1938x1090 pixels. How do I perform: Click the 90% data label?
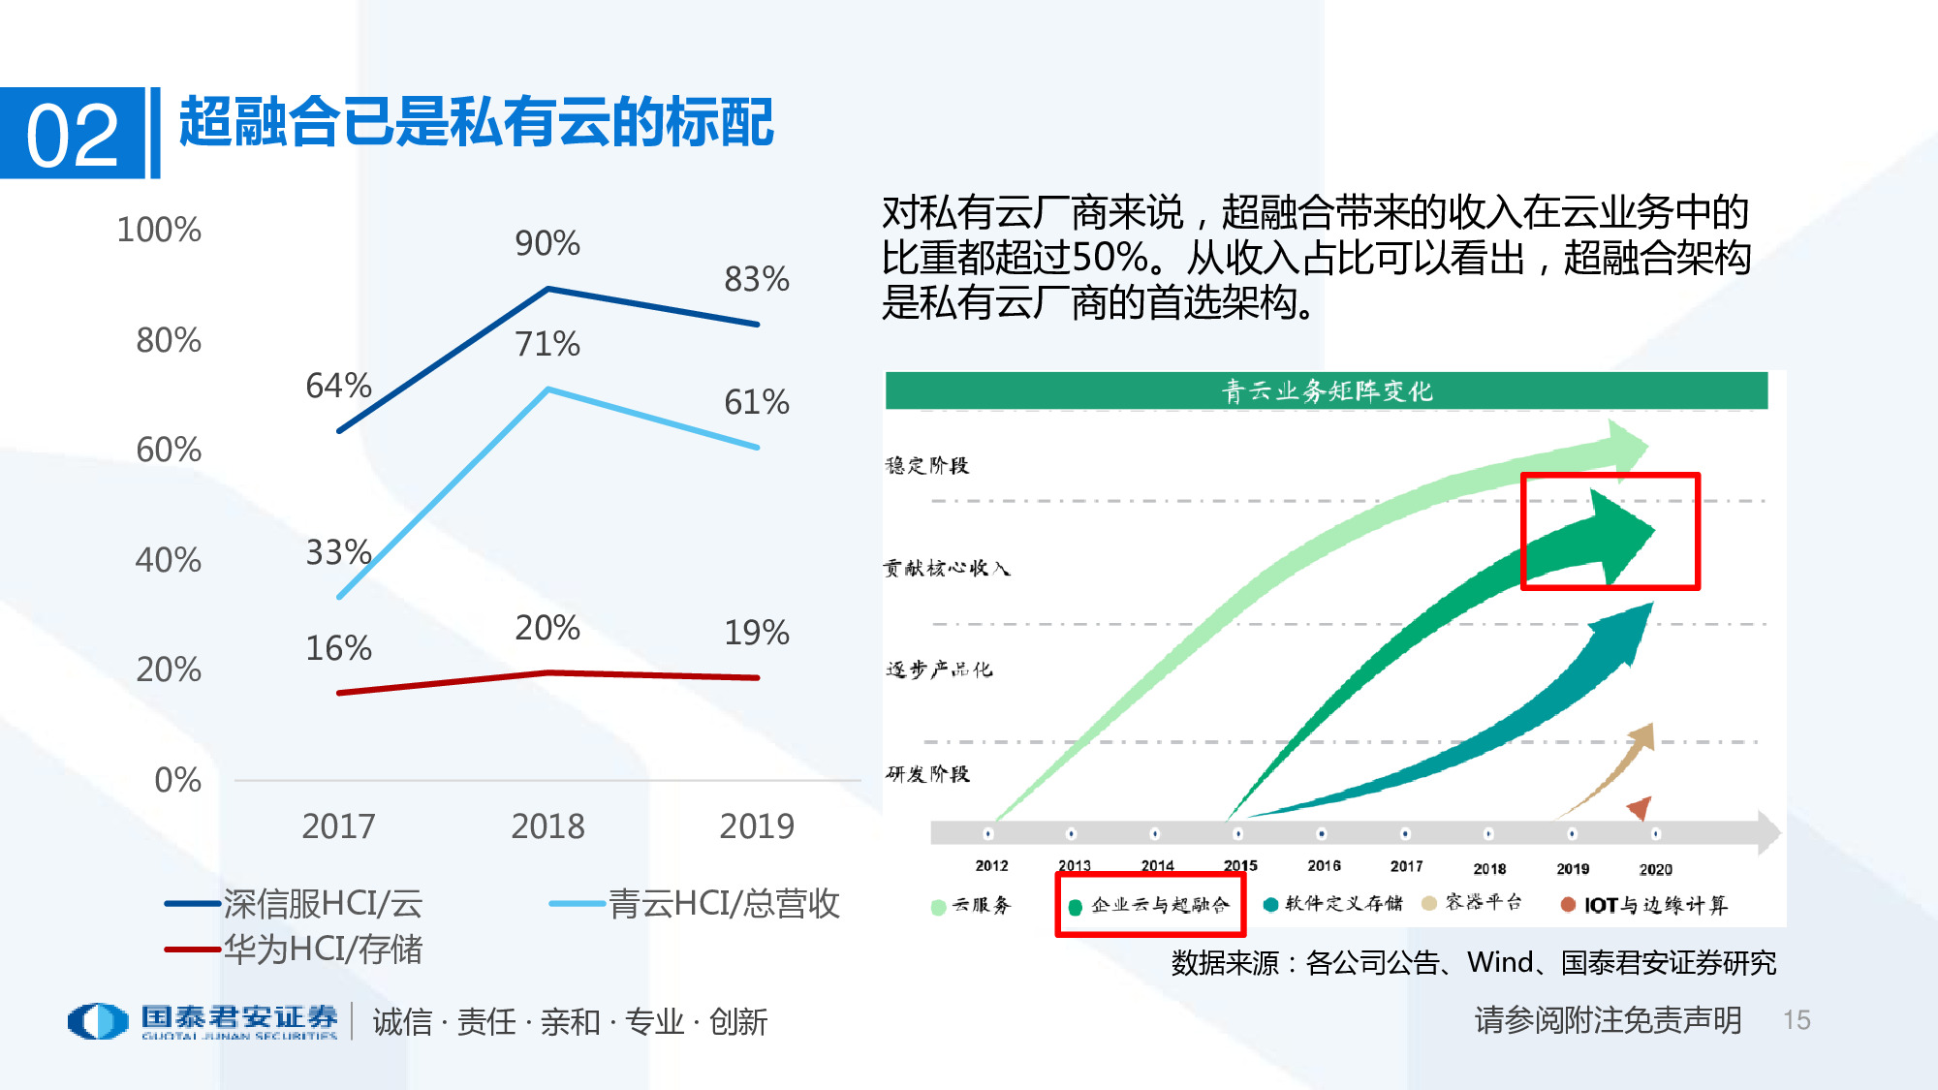click(x=547, y=243)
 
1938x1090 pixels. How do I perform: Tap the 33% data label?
click(x=338, y=552)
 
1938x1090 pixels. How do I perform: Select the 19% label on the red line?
click(x=756, y=633)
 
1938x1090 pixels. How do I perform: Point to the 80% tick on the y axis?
click(x=169, y=340)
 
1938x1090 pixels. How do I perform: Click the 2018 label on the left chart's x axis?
click(x=547, y=826)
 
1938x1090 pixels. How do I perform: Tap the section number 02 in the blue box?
click(x=72, y=135)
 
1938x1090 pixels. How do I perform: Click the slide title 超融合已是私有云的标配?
click(x=476, y=123)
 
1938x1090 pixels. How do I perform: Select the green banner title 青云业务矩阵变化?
click(x=1326, y=391)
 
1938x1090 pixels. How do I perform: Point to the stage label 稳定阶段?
click(x=927, y=466)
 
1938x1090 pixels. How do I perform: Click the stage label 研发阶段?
click(x=927, y=774)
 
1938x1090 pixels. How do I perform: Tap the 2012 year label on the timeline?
click(x=991, y=866)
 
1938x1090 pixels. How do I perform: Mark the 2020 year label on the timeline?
click(x=1655, y=869)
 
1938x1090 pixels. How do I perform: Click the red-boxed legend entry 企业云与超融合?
click(x=1159, y=905)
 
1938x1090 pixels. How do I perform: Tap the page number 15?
click(x=1797, y=1020)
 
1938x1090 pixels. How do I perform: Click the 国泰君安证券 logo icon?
click(x=98, y=1021)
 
